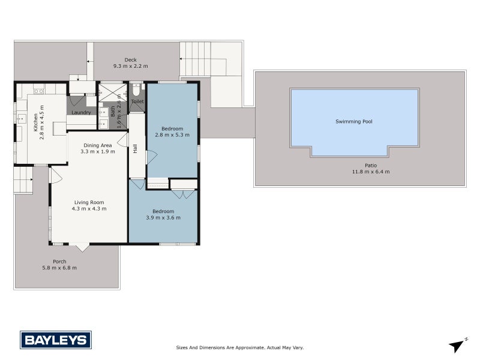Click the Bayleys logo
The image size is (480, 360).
pos(56,340)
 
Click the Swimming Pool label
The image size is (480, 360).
pos(353,121)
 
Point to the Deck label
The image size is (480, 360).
pos(130,59)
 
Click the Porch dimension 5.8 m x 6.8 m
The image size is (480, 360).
pos(59,268)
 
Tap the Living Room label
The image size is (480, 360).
pos(89,202)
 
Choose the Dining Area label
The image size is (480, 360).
pos(97,145)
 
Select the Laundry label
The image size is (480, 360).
pos(80,113)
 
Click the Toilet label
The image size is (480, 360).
pos(137,102)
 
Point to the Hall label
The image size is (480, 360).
pos(136,148)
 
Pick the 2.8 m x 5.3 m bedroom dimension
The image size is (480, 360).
pos(172,135)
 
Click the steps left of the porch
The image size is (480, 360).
pos(22,180)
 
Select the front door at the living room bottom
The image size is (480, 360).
pos(80,247)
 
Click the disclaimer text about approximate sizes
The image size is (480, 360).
pos(240,347)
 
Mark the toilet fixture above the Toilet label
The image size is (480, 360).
pos(137,91)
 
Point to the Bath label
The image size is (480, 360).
pos(112,111)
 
